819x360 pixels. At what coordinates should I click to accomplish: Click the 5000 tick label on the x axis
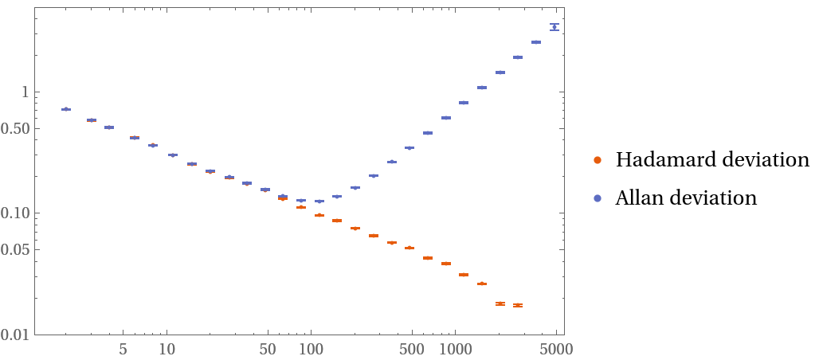point(554,349)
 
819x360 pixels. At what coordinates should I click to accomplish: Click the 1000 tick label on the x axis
point(456,349)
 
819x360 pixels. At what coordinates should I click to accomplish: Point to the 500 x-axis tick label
point(411,349)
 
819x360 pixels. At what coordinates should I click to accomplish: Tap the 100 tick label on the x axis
point(311,349)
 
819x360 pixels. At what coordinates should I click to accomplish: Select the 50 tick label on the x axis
point(268,349)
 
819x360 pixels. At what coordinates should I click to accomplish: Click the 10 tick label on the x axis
point(167,349)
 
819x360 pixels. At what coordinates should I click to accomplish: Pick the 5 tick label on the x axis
point(123,349)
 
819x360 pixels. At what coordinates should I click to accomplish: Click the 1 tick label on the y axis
point(25,92)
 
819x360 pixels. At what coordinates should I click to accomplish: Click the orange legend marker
point(598,160)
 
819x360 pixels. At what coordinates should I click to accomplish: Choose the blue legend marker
point(598,198)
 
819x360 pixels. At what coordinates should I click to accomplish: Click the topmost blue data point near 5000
point(554,27)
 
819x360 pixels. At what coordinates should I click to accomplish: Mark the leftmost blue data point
point(66,109)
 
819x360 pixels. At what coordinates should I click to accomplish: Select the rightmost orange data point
point(518,305)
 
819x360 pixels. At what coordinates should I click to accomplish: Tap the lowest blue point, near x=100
point(319,202)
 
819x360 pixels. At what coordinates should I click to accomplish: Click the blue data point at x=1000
point(464,103)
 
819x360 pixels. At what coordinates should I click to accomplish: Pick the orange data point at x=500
point(409,248)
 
